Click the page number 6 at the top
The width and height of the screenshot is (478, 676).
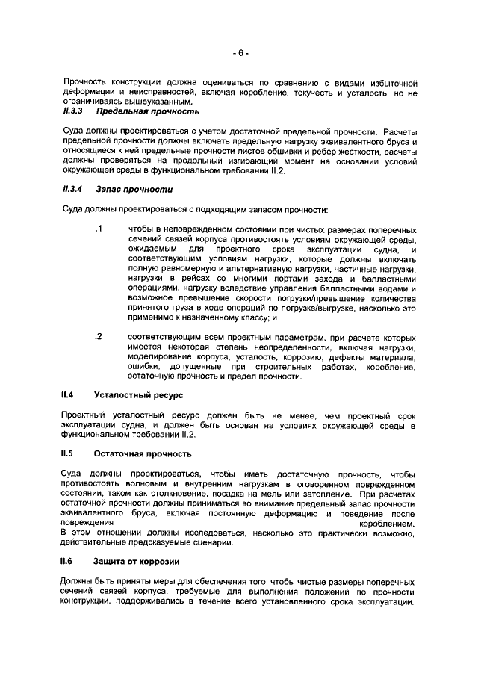[239, 53]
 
